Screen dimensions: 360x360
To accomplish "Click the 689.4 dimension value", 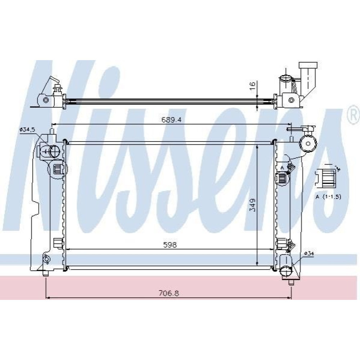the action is (171, 120).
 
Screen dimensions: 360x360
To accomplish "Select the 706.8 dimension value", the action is (169, 293).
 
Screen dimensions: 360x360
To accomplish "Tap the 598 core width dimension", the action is (170, 245).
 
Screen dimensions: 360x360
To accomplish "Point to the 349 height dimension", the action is (252, 206).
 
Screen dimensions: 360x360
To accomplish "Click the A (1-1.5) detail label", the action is (329, 197).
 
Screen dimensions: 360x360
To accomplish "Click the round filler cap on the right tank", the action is (308, 144).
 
